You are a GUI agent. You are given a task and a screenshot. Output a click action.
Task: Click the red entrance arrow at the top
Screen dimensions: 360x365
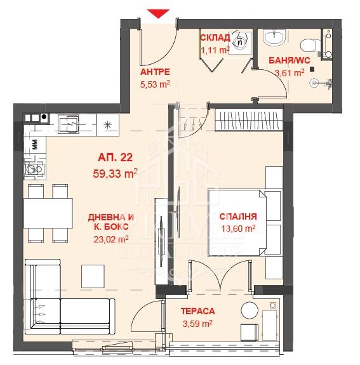coord(158,13)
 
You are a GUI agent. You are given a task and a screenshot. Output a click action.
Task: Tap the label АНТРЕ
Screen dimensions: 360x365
coord(155,72)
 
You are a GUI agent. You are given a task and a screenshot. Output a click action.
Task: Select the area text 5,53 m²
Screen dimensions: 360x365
coord(155,84)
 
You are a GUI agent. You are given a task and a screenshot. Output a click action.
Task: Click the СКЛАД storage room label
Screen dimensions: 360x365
coord(215,37)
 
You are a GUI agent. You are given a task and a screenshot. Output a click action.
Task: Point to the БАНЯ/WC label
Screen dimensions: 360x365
coord(290,60)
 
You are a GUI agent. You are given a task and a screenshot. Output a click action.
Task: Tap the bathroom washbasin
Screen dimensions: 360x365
coord(274,37)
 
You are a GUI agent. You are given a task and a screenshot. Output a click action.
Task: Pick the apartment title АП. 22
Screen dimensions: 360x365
coord(116,157)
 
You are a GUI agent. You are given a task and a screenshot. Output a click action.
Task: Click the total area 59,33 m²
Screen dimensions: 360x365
coord(116,173)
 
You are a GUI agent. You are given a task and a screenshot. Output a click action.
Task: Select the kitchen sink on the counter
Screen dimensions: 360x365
coord(69,124)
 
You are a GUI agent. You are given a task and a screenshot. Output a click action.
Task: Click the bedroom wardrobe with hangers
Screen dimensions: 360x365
coord(249,120)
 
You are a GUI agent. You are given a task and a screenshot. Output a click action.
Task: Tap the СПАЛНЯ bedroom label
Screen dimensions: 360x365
coord(238,216)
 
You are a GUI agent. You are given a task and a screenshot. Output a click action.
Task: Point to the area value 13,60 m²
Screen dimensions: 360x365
coord(238,229)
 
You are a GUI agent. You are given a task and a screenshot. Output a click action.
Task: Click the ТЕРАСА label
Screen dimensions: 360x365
coord(197,311)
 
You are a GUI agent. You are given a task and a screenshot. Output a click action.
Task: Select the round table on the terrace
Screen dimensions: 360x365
coord(250,310)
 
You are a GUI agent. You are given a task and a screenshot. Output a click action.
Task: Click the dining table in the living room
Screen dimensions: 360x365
coord(48,213)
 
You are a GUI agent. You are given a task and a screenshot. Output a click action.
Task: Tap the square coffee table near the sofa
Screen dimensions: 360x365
coord(93,276)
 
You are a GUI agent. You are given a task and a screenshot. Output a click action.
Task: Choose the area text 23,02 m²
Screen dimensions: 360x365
coord(111,239)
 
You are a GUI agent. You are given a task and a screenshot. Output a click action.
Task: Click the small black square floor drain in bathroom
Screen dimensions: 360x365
coord(312,69)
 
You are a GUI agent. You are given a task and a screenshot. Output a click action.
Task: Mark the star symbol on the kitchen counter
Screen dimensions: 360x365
coord(107,125)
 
